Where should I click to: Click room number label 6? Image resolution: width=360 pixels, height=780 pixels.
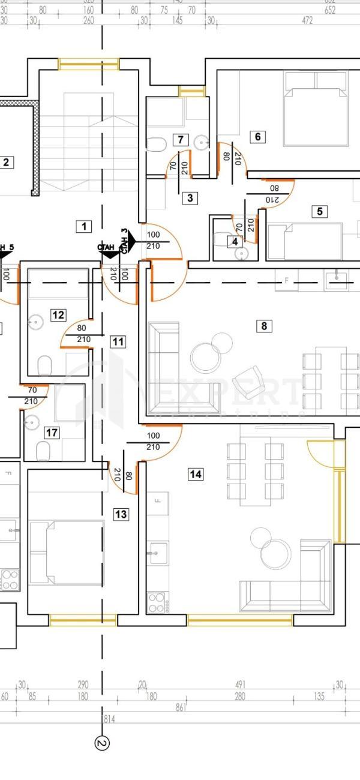[x=258, y=137]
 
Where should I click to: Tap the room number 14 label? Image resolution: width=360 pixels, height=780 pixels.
[x=196, y=475]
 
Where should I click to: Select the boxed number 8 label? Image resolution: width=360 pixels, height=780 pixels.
[x=263, y=326]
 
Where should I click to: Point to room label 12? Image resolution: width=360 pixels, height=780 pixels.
[x=58, y=315]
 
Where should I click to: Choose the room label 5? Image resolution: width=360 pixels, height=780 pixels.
[x=319, y=211]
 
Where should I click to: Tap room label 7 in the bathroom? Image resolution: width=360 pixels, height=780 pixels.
[x=180, y=140]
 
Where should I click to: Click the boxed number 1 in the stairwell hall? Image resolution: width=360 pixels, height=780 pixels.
[x=84, y=226]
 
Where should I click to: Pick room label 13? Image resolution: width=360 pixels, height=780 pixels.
[x=121, y=514]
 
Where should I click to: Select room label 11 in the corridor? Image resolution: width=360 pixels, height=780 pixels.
[x=118, y=342]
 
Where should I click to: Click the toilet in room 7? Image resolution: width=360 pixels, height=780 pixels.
[x=157, y=145]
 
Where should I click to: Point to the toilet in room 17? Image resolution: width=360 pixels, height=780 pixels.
[x=43, y=450]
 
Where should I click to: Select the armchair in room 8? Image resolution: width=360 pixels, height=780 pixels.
[x=247, y=382]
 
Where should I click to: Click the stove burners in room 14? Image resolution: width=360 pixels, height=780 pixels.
[x=156, y=602]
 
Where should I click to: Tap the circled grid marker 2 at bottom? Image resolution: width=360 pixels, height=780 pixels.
[x=102, y=743]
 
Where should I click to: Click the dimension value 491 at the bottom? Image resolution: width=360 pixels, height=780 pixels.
[x=241, y=685]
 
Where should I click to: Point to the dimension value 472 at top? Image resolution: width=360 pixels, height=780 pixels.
[x=307, y=20]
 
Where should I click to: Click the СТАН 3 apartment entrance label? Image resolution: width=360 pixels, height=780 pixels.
[x=124, y=241]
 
